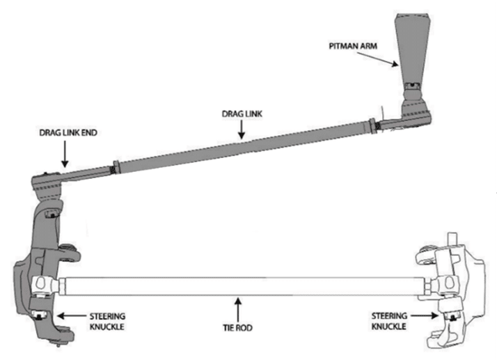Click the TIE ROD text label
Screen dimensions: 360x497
pyautogui.click(x=238, y=325)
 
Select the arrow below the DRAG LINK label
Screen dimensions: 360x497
pyautogui.click(x=239, y=127)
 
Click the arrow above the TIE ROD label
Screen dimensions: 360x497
pyautogui.click(x=238, y=306)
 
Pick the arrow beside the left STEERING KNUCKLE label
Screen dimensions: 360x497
pyautogui.click(x=65, y=315)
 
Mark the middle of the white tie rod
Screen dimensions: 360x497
pyautogui.click(x=238, y=285)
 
